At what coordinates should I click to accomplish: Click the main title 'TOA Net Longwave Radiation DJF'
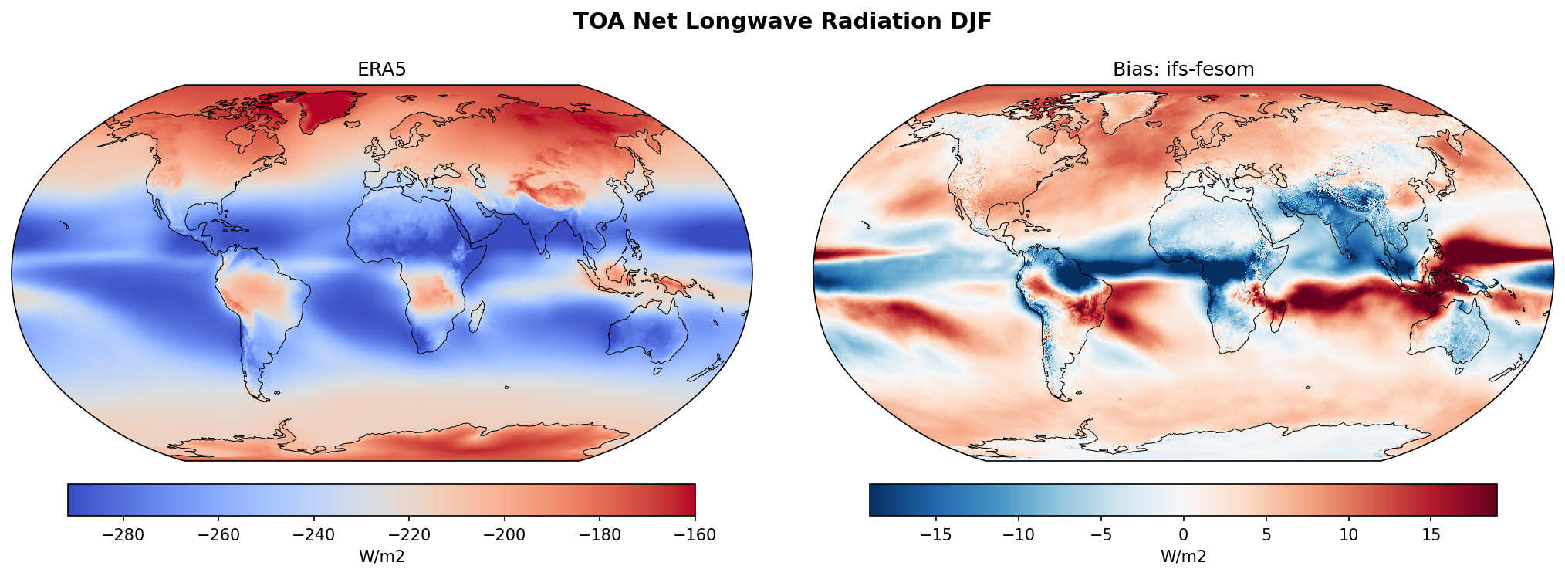click(782, 22)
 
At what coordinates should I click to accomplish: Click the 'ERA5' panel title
click(381, 69)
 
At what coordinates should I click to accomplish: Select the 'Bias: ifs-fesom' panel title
click(1183, 69)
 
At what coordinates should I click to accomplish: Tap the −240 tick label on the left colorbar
click(313, 535)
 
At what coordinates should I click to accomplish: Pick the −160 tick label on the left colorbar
click(695, 535)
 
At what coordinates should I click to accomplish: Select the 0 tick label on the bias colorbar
click(1183, 535)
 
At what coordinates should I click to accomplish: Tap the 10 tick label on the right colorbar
click(1348, 535)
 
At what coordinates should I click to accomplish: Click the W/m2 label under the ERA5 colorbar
click(381, 557)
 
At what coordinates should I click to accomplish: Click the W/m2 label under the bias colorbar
click(1183, 557)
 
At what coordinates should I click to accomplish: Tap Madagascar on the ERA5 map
click(477, 317)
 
